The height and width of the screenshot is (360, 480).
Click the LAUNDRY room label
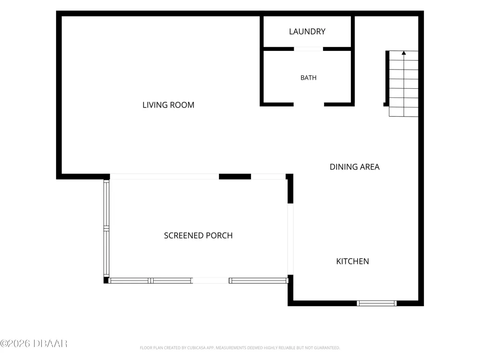pyautogui.click(x=307, y=32)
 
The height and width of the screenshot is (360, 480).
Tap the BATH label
pyautogui.click(x=308, y=78)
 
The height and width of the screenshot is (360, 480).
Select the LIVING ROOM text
pyautogui.click(x=168, y=105)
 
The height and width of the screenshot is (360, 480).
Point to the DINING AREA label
pyautogui.click(x=355, y=167)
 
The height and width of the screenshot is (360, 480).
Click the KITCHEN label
pyautogui.click(x=352, y=262)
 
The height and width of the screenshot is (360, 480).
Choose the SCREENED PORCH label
pyautogui.click(x=198, y=235)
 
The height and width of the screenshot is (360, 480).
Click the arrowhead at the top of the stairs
pyautogui.click(x=404, y=53)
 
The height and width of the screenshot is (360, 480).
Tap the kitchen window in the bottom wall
pyautogui.click(x=376, y=303)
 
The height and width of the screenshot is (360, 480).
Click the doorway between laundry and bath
pyautogui.click(x=309, y=49)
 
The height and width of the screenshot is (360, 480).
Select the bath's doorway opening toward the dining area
pyautogui.click(x=309, y=105)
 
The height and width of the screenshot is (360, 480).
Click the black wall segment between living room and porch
pyautogui.click(x=235, y=176)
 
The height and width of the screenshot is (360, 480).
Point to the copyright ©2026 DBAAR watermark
pyautogui.click(x=34, y=344)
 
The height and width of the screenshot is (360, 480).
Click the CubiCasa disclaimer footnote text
pyautogui.click(x=240, y=348)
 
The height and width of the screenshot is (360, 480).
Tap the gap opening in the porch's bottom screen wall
pyautogui.click(x=211, y=281)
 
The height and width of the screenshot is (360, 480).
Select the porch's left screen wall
pyautogui.click(x=106, y=228)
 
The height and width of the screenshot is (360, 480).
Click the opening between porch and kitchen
pyautogui.click(x=290, y=239)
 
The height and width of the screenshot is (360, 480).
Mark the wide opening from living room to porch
pyautogui.click(x=164, y=176)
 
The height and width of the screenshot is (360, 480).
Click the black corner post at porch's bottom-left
pyautogui.click(x=106, y=280)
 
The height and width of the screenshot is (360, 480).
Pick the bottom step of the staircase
pyautogui.click(x=404, y=112)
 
